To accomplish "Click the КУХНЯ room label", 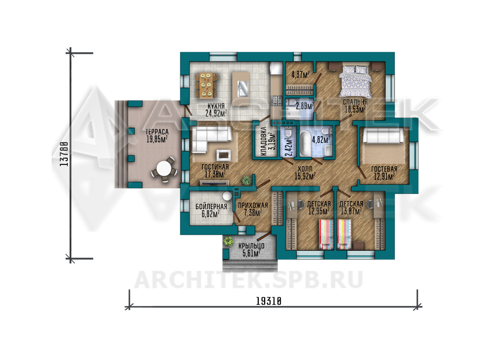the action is [216, 106].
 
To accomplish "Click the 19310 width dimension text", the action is [268, 301].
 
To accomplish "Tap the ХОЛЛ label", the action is [305, 169].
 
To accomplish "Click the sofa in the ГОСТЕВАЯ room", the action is [383, 135].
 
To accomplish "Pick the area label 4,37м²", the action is [300, 74].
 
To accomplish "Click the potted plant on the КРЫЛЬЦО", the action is [228, 241].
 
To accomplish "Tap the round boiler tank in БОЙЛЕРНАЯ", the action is [227, 196].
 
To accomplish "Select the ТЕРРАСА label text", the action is [157, 132].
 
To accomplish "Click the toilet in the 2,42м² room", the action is [288, 132].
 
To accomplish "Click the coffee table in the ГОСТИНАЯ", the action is [223, 155].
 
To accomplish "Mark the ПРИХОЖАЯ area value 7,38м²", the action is [253, 213].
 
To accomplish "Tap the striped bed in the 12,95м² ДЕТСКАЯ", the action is [326, 234].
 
